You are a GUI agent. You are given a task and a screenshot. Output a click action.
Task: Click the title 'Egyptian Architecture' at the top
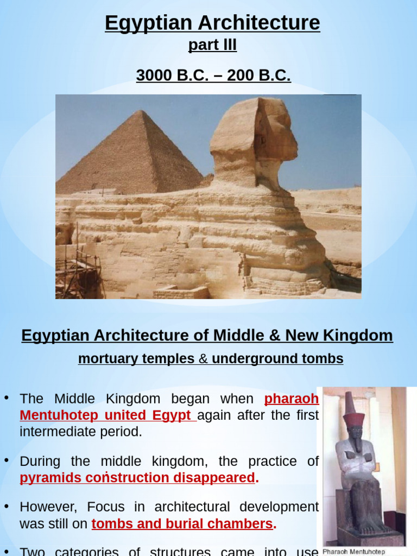212,23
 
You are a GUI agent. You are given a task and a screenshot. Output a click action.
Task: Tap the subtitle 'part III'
212,45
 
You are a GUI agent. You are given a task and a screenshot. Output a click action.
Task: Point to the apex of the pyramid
141,112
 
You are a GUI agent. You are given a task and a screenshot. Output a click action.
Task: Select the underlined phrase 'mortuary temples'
136,359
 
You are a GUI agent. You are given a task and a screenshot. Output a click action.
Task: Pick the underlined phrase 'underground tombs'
277,359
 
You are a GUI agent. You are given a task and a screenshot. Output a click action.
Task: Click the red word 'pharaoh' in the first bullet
292,399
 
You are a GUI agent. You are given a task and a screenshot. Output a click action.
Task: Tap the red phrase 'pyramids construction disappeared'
137,478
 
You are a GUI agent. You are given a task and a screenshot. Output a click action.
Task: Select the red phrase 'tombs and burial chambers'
182,524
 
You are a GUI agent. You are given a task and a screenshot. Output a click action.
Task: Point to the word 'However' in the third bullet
45,507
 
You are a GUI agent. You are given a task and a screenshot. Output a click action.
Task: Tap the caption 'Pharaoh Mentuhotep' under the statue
354,552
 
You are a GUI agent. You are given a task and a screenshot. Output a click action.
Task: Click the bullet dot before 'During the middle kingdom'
7,460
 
